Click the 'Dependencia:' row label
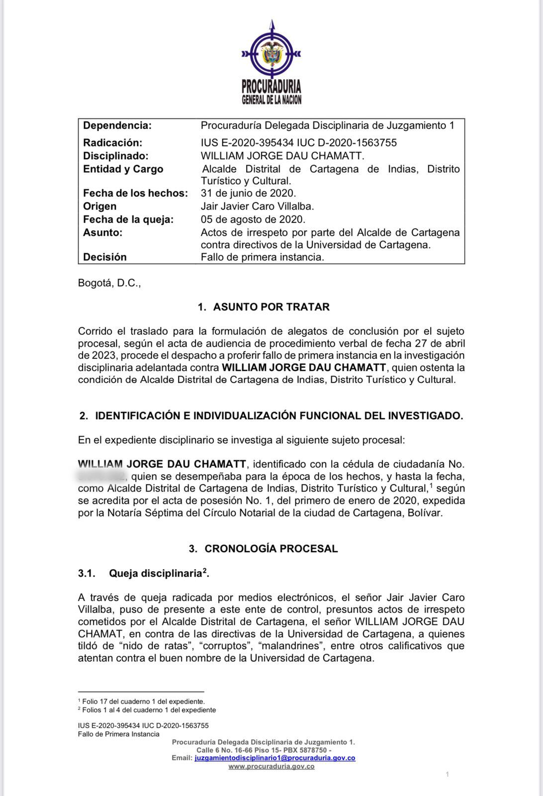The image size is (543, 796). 117,126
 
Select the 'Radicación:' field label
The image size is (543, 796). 112,143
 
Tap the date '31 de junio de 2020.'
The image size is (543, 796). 248,193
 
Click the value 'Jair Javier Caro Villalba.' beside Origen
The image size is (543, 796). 257,206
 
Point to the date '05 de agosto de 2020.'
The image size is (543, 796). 253,219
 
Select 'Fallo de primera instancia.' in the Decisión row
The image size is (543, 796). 262,257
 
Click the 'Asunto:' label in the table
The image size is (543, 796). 102,232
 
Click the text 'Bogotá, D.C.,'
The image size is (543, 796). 109,284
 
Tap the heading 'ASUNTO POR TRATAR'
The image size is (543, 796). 271,307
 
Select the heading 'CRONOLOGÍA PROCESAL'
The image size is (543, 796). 271,549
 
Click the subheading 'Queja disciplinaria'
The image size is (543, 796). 155,574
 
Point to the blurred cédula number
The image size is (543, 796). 101,476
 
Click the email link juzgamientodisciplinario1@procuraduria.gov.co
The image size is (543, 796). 274,758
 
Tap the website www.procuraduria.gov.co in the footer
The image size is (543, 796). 271,767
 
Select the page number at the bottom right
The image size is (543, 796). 448,774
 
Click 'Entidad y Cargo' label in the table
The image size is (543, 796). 123,169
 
